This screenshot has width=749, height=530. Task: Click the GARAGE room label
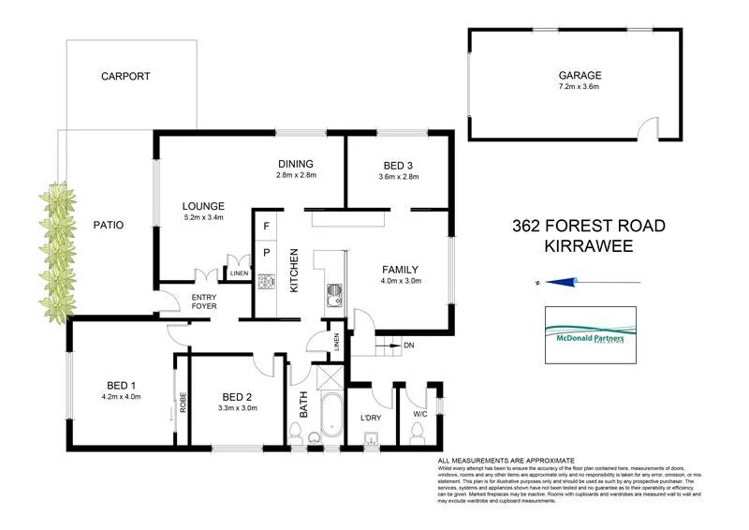pyautogui.click(x=580, y=76)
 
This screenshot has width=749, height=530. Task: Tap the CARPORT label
pyautogui.click(x=125, y=77)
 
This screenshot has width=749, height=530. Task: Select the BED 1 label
pyautogui.click(x=121, y=386)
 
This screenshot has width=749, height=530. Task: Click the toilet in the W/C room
pyautogui.click(x=417, y=432)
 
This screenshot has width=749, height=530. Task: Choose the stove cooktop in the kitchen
pyautogui.click(x=265, y=280)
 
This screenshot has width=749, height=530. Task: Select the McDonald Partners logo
pyautogui.click(x=590, y=334)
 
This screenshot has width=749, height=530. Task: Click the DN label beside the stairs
pyautogui.click(x=409, y=345)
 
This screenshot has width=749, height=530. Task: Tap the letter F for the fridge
pyautogui.click(x=266, y=227)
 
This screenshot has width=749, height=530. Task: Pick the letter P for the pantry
pyautogui.click(x=266, y=252)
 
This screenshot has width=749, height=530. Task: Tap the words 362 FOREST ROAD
pyautogui.click(x=589, y=226)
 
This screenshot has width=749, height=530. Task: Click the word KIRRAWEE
pyautogui.click(x=589, y=247)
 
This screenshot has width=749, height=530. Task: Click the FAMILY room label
pyautogui.click(x=401, y=267)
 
